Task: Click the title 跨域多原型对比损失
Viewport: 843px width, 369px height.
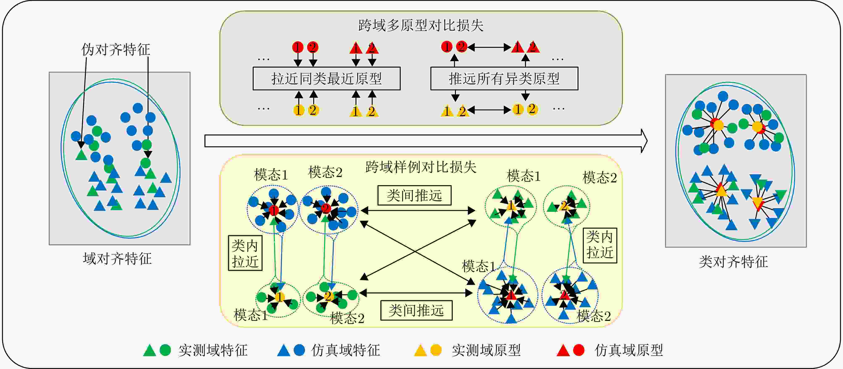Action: point(421,25)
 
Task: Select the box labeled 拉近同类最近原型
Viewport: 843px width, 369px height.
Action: point(326,79)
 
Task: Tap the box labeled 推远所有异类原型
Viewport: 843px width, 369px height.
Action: point(504,79)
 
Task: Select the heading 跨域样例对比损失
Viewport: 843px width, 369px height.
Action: point(421,167)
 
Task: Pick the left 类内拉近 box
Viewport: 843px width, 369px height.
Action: point(245,253)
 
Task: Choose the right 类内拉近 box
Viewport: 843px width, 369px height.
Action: point(600,245)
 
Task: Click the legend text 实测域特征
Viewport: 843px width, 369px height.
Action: point(213,350)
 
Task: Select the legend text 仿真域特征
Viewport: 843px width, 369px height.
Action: point(346,350)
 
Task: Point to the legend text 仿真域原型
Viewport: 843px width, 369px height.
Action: point(629,350)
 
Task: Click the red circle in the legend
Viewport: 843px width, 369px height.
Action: point(579,350)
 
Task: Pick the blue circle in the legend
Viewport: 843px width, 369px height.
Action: point(299,350)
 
